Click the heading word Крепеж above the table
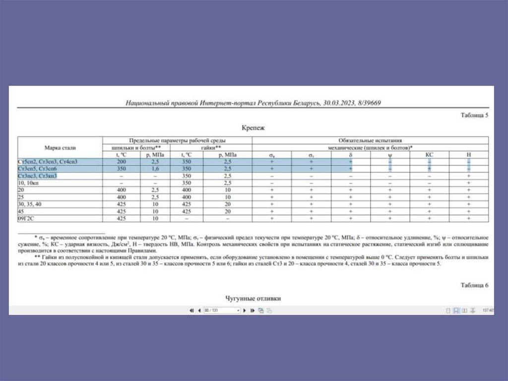(253, 128)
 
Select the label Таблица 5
(475, 115)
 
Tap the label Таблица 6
(475, 285)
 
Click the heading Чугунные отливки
(253, 299)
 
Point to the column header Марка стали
(60, 148)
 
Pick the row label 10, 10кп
(28, 183)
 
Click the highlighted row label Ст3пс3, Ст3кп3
(37, 176)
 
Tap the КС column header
(429, 155)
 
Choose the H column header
(468, 155)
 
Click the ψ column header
(390, 155)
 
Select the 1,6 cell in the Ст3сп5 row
(155, 169)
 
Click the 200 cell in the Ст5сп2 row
(121, 162)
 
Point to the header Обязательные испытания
(370, 141)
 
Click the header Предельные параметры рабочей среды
(177, 141)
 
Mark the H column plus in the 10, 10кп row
(468, 183)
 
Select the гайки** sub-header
(211, 148)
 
